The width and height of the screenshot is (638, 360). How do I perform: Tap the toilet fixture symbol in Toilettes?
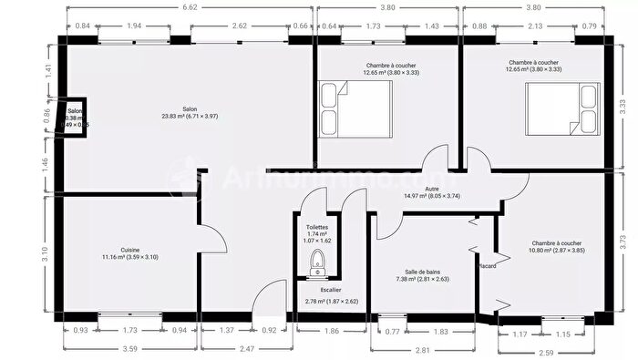click(x=316, y=262)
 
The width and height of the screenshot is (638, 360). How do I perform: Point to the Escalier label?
click(x=317, y=289)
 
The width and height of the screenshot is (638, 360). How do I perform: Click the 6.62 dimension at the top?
click(x=190, y=7)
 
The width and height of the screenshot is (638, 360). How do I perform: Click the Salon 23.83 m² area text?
click(x=190, y=116)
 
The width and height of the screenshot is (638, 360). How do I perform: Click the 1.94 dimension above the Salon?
click(x=135, y=26)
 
